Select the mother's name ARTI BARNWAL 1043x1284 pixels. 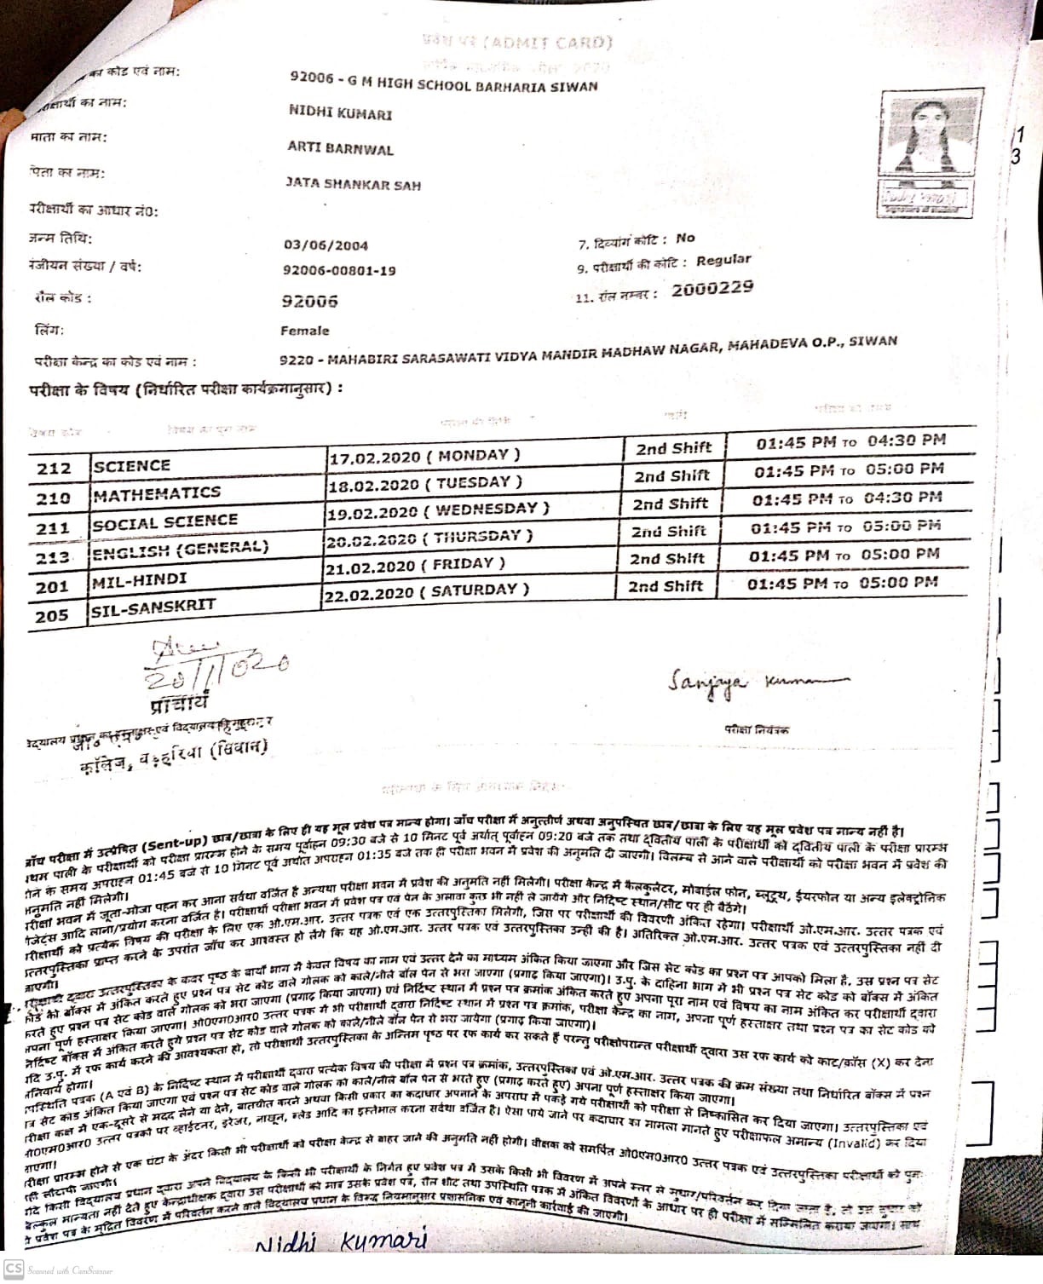(340, 149)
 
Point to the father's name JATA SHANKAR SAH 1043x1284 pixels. (353, 184)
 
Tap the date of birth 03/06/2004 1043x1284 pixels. (326, 245)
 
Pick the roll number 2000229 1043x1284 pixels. (712, 288)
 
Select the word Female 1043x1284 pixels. (304, 331)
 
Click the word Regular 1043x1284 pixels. (723, 261)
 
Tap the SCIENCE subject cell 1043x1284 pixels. (132, 466)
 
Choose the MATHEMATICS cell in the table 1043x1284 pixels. (157, 494)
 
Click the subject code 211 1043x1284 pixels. (53, 528)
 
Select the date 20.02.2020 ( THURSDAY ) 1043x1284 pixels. (429, 538)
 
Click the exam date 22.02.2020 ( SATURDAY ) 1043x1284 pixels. (425, 590)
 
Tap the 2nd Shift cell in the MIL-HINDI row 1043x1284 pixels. (666, 559)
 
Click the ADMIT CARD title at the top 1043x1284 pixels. (516, 43)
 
